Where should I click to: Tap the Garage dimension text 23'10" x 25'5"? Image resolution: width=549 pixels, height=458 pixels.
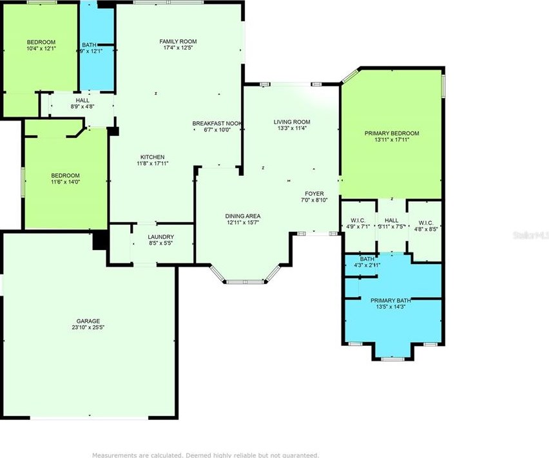pyautogui.click(x=88, y=327)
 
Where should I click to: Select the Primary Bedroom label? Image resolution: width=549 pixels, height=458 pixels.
pyautogui.click(x=391, y=133)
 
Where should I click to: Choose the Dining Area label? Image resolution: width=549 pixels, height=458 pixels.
pyautogui.click(x=242, y=216)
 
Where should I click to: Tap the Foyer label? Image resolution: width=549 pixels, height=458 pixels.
pyautogui.click(x=314, y=193)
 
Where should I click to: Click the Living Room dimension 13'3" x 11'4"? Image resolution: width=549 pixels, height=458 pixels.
pyautogui.click(x=292, y=128)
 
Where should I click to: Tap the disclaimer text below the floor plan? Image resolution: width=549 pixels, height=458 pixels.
pyautogui.click(x=206, y=455)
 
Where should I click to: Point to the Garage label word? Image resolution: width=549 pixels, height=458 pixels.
pyautogui.click(x=88, y=321)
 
